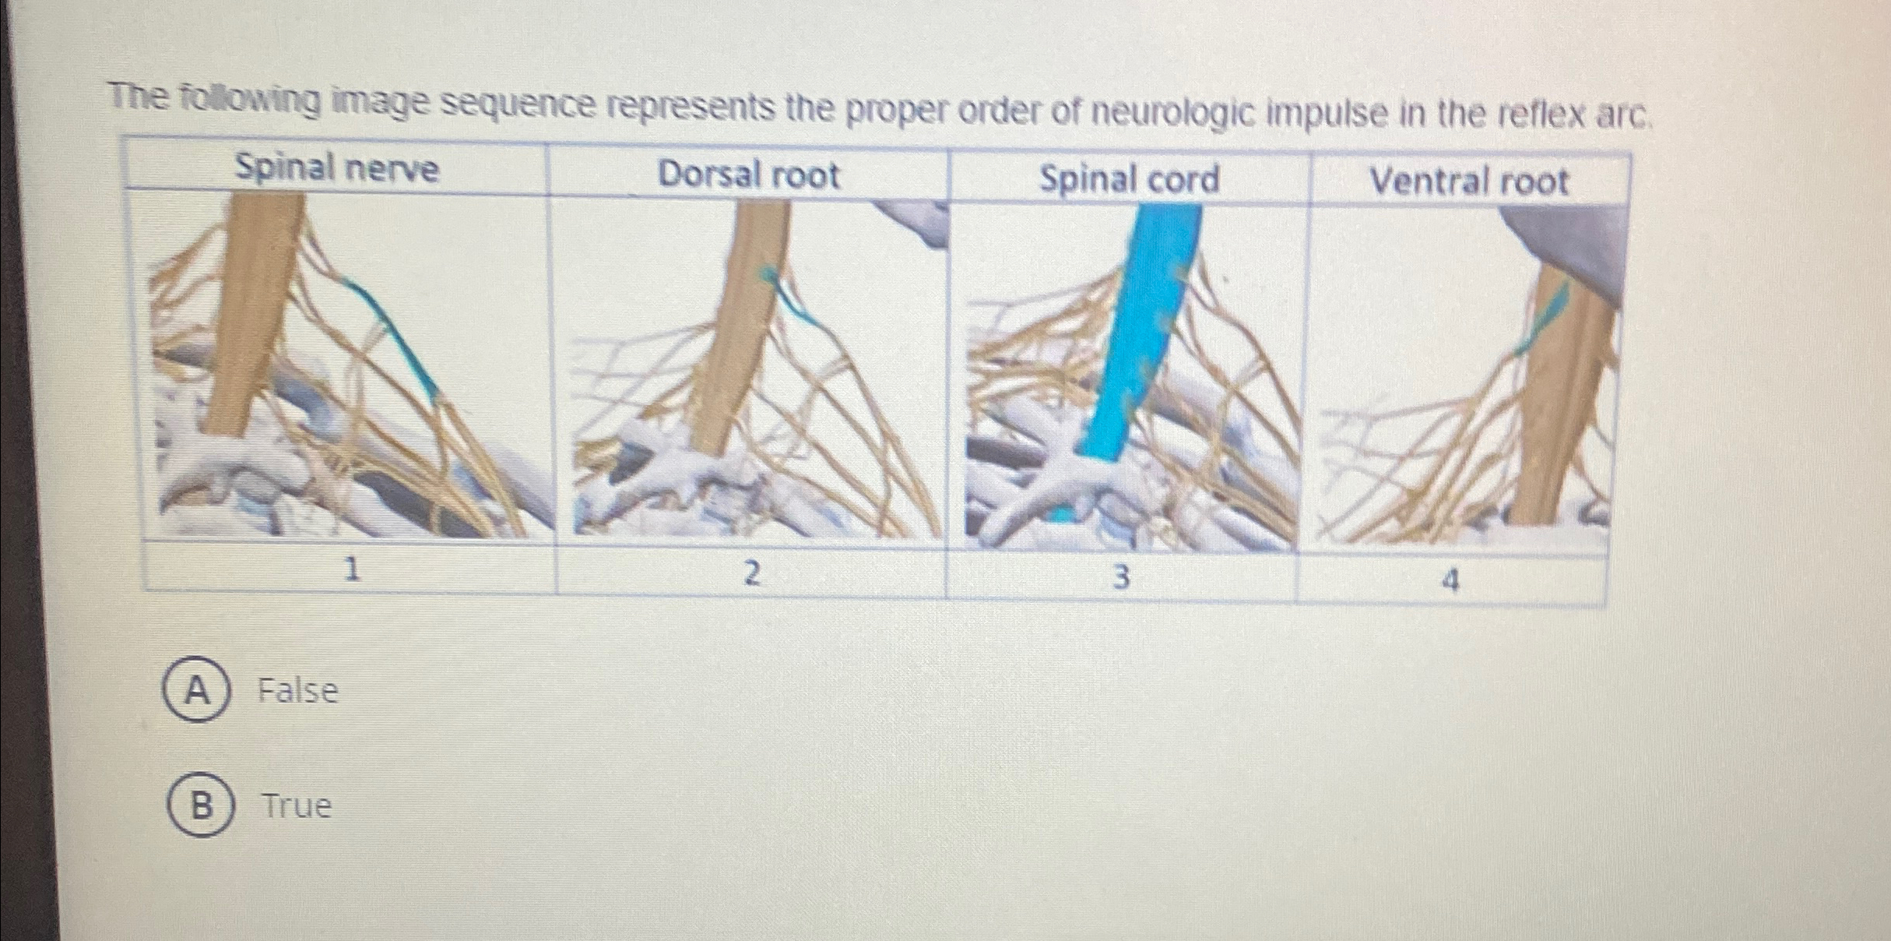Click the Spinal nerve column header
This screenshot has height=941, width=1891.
click(x=337, y=168)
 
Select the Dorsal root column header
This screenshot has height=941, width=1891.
click(x=749, y=174)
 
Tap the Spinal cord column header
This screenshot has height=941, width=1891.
click(x=1129, y=179)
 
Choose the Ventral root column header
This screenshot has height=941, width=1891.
click(x=1468, y=182)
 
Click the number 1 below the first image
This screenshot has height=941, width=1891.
click(x=352, y=571)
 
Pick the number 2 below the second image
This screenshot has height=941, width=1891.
click(x=750, y=575)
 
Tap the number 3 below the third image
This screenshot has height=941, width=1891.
click(x=1120, y=578)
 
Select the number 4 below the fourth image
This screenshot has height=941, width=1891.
click(x=1450, y=581)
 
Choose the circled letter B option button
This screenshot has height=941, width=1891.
click(x=201, y=805)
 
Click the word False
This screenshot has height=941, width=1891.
click(x=298, y=691)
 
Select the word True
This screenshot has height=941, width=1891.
click(x=297, y=806)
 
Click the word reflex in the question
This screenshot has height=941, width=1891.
click(x=1545, y=117)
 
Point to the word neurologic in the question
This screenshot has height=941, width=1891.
click(x=1164, y=115)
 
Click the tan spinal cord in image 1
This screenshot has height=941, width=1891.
click(x=249, y=312)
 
